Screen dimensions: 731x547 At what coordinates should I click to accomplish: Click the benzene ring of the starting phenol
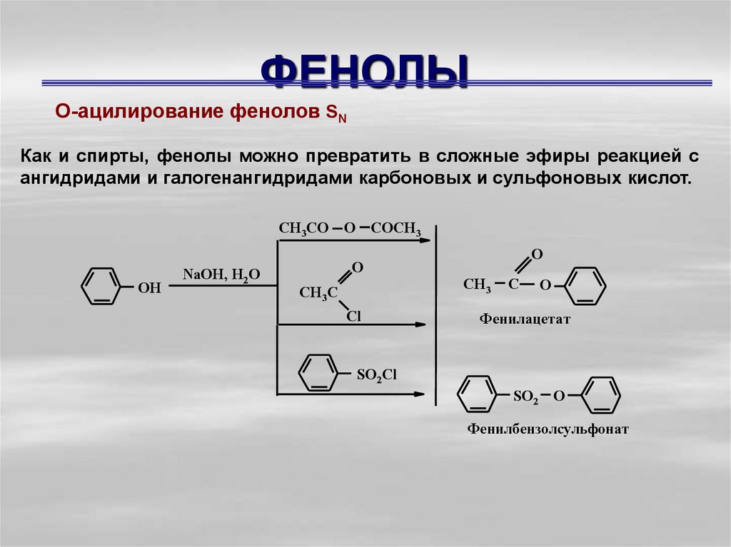pyautogui.click(x=97, y=287)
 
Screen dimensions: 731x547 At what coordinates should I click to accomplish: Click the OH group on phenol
pyautogui.click(x=149, y=288)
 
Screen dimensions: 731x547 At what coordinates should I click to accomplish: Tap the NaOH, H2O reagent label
pyautogui.click(x=221, y=275)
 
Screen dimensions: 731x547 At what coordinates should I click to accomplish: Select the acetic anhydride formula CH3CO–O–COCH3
pyautogui.click(x=349, y=228)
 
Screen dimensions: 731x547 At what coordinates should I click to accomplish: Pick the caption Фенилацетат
pyautogui.click(x=525, y=320)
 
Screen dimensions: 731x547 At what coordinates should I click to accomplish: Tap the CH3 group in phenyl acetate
pyautogui.click(x=477, y=285)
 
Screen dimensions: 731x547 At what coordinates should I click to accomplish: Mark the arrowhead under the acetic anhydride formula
pyautogui.click(x=425, y=241)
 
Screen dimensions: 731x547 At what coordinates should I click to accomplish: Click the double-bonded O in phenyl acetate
pyautogui.click(x=538, y=255)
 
